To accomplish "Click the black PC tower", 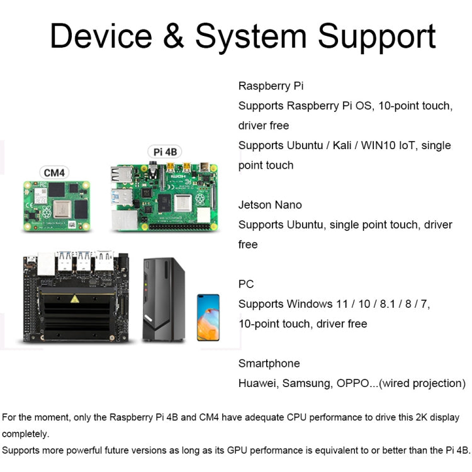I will (164, 298).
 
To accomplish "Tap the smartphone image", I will (208, 317).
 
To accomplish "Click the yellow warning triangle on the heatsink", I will (76, 298).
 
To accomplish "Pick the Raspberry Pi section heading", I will (271, 86).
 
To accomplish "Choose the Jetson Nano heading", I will (270, 205).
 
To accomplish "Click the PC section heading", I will (246, 284).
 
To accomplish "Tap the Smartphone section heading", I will (269, 363).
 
